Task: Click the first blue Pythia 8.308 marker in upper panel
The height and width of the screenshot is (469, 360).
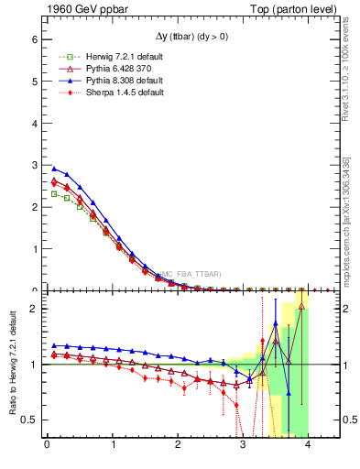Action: point(54,169)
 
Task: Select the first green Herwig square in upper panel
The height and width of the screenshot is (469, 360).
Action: point(54,193)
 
